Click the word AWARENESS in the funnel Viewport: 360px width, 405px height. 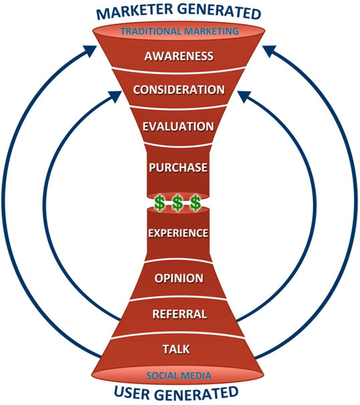pyautogui.click(x=179, y=56)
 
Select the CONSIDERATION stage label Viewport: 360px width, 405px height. pyautogui.click(x=179, y=90)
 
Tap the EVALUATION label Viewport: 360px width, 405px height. pyautogui.click(x=178, y=127)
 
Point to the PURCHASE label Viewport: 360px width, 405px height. pyautogui.click(x=178, y=167)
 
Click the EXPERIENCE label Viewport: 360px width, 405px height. pyautogui.click(x=178, y=233)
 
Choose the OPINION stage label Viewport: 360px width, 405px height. pyautogui.click(x=179, y=278)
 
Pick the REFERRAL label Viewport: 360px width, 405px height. pyautogui.click(x=180, y=314)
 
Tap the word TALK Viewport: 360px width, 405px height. pyautogui.click(x=176, y=349)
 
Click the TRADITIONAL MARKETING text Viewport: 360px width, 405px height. pyautogui.click(x=179, y=31)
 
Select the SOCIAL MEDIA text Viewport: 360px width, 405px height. pyautogui.click(x=179, y=376)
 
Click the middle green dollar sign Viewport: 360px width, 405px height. pyautogui.click(x=177, y=203)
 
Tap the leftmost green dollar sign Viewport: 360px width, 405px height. pyautogui.click(x=160, y=203)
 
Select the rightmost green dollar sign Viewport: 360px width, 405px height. pyautogui.click(x=195, y=203)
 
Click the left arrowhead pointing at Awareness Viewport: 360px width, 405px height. pyautogui.click(x=90, y=50)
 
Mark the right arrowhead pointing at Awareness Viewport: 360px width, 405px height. pyautogui.click(x=269, y=50)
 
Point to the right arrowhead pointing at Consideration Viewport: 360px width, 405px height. pyautogui.click(x=244, y=96)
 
